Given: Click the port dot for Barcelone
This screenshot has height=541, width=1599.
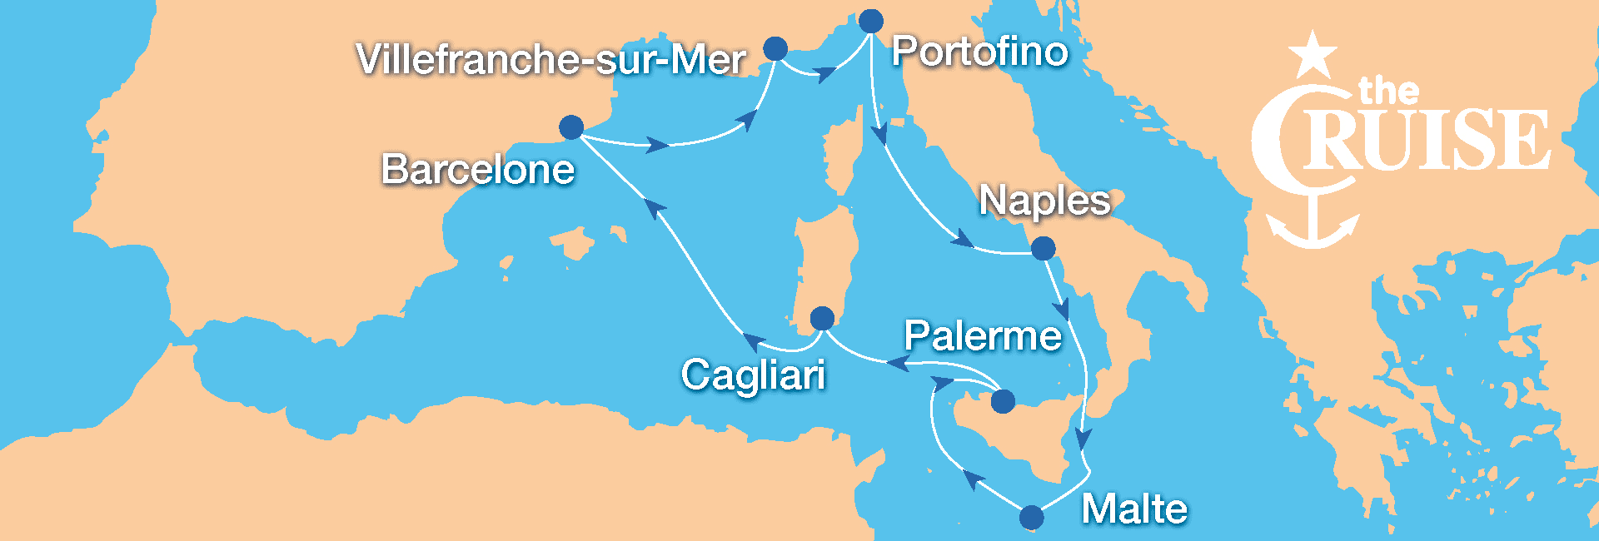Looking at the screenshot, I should pos(571,127).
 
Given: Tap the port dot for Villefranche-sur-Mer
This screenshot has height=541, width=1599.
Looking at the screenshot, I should pos(775,48).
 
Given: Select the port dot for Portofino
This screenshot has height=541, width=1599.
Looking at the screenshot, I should pos(871,21).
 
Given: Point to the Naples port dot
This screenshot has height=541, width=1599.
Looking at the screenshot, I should pos(1043,248).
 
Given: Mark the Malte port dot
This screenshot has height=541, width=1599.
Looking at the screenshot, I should pos(1031,517).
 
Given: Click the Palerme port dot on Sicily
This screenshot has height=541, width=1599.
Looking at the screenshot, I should pos(1003,401).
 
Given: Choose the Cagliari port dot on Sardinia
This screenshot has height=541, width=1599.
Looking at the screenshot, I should pos(822,318).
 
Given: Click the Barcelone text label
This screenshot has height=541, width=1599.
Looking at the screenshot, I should pos(478,170).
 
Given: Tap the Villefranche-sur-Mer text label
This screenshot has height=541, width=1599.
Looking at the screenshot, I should pos(550,59).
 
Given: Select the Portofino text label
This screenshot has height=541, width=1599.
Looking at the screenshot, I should pos(979,52).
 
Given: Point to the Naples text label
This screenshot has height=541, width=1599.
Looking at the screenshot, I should pos(1044,201).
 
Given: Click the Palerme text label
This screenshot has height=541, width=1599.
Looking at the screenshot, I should pos(983,336).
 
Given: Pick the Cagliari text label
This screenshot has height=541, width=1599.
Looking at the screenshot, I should pos(754,375).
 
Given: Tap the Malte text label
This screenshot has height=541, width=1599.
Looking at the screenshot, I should pos(1134,509).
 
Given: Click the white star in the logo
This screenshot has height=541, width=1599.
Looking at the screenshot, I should pos(1313,55).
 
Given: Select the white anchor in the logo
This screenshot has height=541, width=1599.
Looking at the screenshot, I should pos(1313,225).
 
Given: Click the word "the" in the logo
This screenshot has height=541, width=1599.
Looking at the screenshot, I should pos(1388,91).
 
